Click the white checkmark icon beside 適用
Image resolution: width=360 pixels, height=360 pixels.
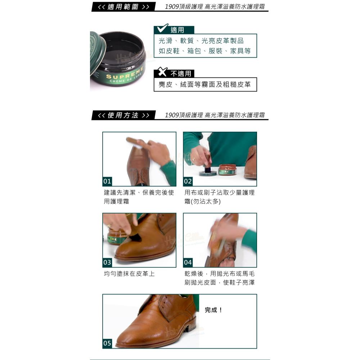[162, 28]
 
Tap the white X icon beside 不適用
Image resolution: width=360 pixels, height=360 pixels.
[162, 72]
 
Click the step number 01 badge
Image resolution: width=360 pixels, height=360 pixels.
[107, 181]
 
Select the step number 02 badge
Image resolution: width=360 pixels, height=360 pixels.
[188, 181]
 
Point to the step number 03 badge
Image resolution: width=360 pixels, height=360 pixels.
[107, 262]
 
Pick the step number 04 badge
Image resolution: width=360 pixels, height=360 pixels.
[188, 262]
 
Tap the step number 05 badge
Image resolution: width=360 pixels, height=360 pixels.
[107, 343]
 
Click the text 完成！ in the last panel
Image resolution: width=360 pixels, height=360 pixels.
[213, 310]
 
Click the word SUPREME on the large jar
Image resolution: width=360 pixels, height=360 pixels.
[125, 73]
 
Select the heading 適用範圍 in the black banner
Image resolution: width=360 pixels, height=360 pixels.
[123, 7]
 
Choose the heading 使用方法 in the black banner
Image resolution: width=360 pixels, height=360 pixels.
[123, 115]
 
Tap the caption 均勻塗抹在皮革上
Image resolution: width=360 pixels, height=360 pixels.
[129, 274]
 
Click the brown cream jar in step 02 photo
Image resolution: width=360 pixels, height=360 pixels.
[227, 170]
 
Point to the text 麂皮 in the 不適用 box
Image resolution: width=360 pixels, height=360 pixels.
[165, 85]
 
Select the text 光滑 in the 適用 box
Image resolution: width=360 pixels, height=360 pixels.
[165, 41]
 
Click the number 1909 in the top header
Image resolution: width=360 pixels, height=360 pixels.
[172, 6]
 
